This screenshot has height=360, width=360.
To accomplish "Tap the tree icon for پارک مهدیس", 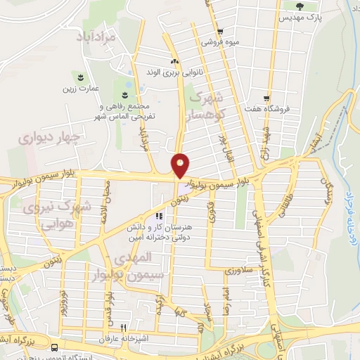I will click(300, 6).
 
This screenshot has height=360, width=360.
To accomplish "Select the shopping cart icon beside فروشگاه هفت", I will click(266, 98).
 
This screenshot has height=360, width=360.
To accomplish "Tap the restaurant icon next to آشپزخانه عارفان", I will click(124, 327).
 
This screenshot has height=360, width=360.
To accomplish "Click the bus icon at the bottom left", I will click(55, 347).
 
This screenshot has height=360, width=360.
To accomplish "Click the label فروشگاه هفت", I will click(291, 109).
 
